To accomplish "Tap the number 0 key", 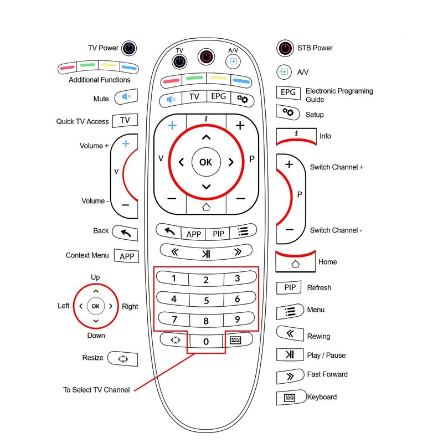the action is [x=205, y=342].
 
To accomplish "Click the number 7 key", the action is [x=174, y=320].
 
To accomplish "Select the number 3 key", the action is [x=237, y=279].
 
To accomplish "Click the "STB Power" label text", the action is [x=315, y=48].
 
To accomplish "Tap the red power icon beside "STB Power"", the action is [x=284, y=48].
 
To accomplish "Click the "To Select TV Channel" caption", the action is [x=96, y=390].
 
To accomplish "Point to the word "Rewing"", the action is [x=318, y=336].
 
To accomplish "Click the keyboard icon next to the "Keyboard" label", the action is [x=290, y=397].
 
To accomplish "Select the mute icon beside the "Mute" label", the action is [x=126, y=98].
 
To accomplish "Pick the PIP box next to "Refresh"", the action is [x=289, y=287].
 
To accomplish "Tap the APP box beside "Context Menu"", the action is [x=126, y=256].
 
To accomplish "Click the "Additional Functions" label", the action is [x=100, y=80].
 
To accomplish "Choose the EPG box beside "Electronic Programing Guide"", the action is [x=288, y=92].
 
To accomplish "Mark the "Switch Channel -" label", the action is [x=336, y=230].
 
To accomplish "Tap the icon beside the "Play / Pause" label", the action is [x=289, y=355].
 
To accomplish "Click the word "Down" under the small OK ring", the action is [x=96, y=336].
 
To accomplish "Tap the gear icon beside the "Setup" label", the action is [x=289, y=112].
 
